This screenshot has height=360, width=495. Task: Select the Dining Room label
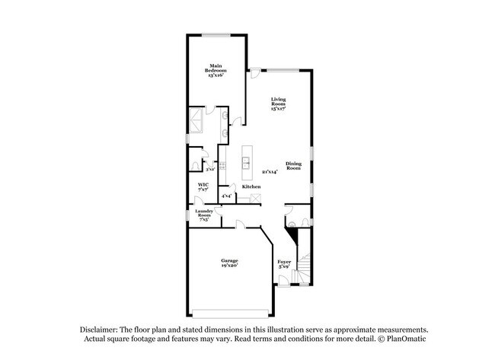pyautogui.click(x=294, y=165)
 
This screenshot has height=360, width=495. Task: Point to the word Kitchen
pyautogui.click(x=251, y=186)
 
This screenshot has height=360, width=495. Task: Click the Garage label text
pyautogui.click(x=229, y=263)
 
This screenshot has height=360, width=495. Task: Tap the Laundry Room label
pyautogui.click(x=203, y=214)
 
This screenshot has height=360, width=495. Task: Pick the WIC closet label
pyautogui.click(x=203, y=186)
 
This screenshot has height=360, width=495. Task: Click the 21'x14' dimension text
pyautogui.click(x=270, y=172)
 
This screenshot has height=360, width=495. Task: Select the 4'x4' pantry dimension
pyautogui.click(x=227, y=196)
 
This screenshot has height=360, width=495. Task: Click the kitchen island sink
pyautogui.click(x=246, y=161)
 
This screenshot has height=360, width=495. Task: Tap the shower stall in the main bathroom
pyautogui.click(x=196, y=119)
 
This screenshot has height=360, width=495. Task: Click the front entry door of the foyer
pyautogui.click(x=285, y=282)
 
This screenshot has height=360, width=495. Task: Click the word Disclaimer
pyautogui.click(x=102, y=328)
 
